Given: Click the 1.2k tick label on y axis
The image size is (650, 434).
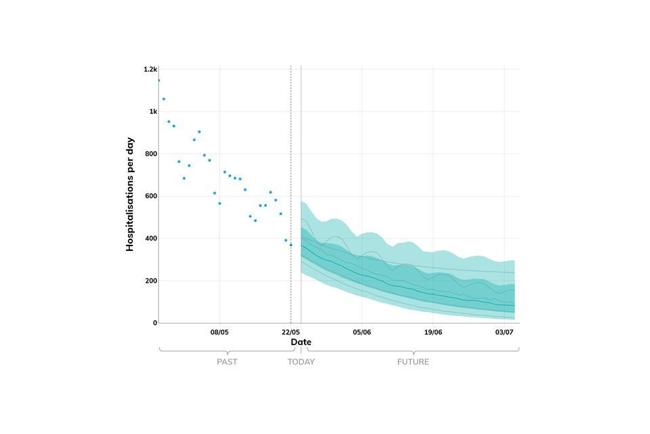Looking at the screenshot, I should tap(150, 69).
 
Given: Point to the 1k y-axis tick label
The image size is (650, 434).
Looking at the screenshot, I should tap(153, 111).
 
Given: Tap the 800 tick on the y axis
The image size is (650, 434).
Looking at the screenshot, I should tap(150, 154).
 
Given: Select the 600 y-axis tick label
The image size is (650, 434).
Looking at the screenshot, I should tap(150, 196).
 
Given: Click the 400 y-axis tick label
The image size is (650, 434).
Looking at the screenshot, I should tap(150, 239).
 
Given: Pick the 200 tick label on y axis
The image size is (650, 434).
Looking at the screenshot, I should tap(150, 281).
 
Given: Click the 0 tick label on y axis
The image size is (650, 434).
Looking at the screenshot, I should tap(155, 323).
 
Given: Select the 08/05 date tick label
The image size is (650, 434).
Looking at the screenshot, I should tap(219, 332).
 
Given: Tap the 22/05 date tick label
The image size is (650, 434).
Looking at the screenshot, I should tap(290, 332).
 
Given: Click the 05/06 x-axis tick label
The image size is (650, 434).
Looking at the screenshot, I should tap(362, 332).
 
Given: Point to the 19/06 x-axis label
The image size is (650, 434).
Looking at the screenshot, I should tap(433, 332).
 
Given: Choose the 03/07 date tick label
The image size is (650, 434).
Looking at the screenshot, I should tap(504, 332).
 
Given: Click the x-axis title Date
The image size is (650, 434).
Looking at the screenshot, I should tap(301, 342).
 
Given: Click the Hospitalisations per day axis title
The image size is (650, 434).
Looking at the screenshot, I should tap(130, 195).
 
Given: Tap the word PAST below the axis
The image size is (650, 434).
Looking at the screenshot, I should tap(227, 362).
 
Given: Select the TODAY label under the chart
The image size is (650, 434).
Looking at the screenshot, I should tap(301, 362).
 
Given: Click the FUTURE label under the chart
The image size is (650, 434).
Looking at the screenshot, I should tap(413, 362).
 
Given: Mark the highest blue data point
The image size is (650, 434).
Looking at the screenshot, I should tap(158, 80).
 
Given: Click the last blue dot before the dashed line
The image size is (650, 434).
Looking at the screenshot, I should tap(291, 245).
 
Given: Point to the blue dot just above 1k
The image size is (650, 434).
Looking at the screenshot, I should tap(163, 99).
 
